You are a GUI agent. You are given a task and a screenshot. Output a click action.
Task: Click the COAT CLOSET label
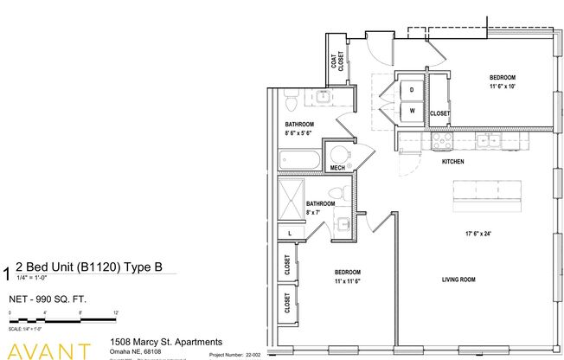[x=335, y=61]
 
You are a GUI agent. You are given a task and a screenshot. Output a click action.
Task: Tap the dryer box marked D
[x=412, y=90]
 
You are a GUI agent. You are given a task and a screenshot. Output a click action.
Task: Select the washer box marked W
[x=412, y=112]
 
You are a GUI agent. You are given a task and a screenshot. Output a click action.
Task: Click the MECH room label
[x=338, y=168]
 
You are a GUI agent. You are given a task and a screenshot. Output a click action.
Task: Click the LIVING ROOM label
[x=459, y=279]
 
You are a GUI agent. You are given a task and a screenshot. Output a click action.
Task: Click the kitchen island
[x=486, y=194]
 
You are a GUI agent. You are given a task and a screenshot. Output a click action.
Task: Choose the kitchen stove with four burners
[x=443, y=140]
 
